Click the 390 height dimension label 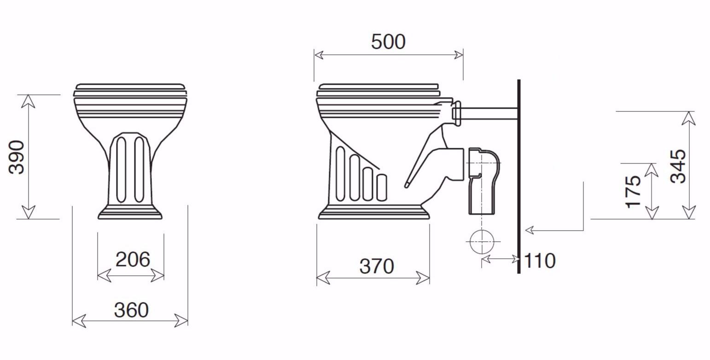pos(17,157)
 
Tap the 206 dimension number pos(133,260)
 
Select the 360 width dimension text pos(131,310)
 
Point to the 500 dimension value pos(388,41)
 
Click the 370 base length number pos(377,266)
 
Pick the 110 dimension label pos(540,261)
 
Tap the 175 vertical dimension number pos(633,192)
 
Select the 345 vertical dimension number pos(678,166)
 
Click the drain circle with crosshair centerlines pos(482,242)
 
